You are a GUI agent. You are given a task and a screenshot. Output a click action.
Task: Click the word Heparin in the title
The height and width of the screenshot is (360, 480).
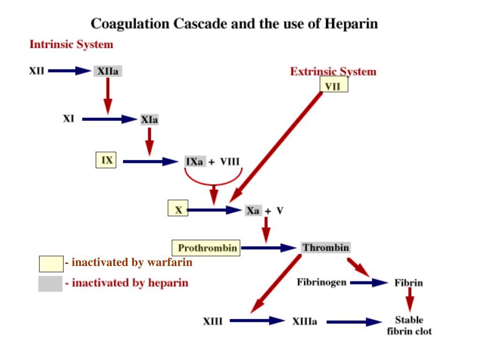351,24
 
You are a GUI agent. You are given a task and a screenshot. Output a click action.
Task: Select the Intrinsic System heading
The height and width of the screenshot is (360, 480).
71,45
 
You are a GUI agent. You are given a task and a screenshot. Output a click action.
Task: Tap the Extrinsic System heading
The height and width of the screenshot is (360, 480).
333,72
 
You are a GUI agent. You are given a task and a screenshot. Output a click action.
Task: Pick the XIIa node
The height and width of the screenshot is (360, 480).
108,71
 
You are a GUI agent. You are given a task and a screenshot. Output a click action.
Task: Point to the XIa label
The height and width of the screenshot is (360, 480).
150,120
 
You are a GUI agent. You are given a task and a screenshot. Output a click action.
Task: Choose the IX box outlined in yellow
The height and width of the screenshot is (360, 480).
106,160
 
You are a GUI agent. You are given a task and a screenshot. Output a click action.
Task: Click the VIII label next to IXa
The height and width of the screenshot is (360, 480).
230,162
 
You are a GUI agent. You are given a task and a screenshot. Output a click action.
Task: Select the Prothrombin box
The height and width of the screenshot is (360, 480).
206,247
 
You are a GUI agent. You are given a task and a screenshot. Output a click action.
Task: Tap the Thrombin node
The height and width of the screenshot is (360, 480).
325,247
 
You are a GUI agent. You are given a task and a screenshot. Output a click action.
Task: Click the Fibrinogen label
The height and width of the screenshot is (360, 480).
322,282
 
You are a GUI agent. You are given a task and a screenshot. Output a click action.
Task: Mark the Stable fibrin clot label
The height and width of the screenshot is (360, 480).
409,325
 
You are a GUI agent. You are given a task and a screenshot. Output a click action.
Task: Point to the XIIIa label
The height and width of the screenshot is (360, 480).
304,322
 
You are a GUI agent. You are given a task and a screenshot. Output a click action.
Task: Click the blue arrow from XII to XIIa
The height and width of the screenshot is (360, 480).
69,71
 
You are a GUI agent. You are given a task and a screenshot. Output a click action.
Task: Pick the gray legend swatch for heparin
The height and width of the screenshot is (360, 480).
50,284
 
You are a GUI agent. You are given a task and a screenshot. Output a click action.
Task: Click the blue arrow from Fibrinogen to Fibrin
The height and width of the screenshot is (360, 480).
368,283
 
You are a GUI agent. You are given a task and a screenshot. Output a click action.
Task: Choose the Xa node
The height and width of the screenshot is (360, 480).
253,210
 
